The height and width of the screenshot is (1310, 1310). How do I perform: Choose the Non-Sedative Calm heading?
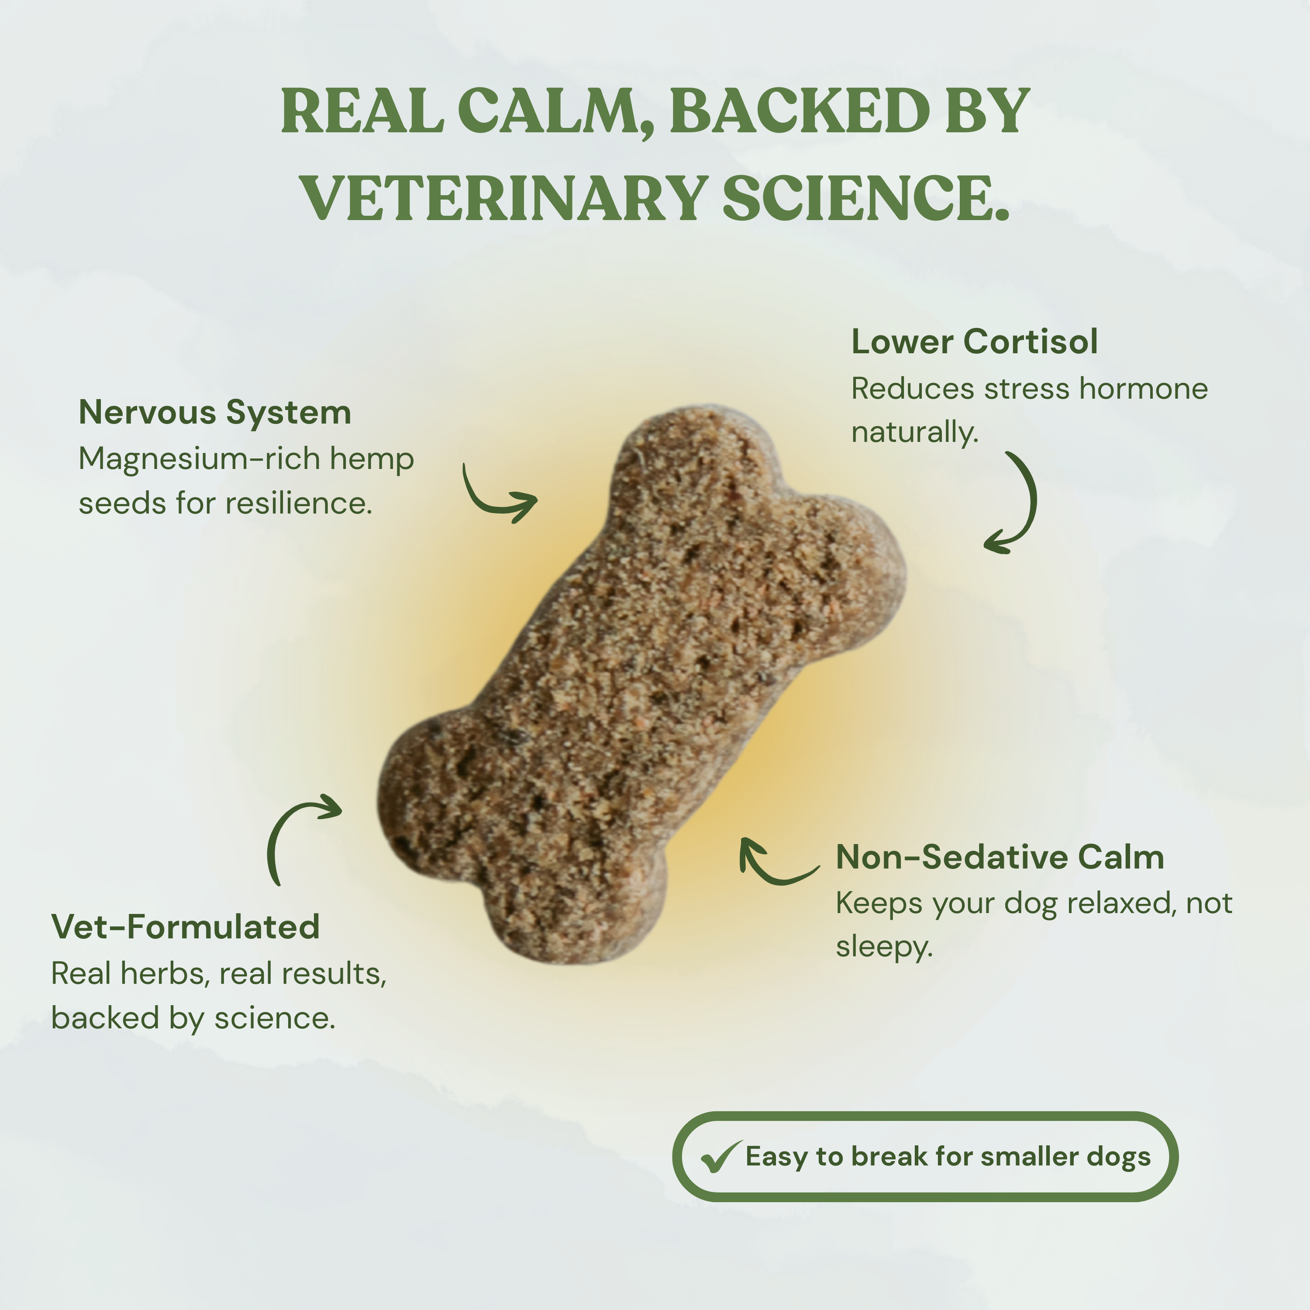pos(1000,857)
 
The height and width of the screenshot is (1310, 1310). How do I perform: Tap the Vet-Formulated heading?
pos(185,927)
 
